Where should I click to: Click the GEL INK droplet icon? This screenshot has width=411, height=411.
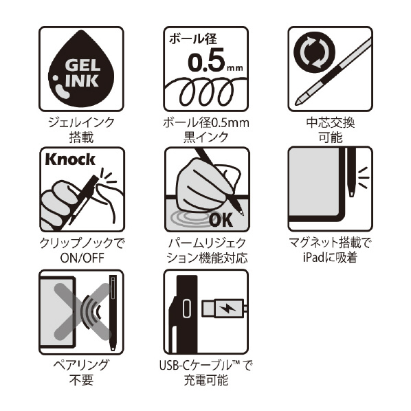point(81,69)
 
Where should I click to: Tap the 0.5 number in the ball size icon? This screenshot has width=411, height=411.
point(207,60)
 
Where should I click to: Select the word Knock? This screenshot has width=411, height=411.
point(70,159)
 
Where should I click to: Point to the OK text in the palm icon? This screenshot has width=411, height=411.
point(221,219)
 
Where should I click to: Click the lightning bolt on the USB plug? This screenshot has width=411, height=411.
point(227,308)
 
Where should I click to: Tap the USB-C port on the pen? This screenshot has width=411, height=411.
point(187,308)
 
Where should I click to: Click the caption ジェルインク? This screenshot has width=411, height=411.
point(82,122)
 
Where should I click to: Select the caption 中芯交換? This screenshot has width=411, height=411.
point(331,122)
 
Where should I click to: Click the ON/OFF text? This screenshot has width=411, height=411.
point(82,258)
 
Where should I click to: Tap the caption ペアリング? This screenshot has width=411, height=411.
point(81,365)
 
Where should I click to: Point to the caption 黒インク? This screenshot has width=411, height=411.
point(205,137)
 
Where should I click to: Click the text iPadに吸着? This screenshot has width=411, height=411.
point(330,258)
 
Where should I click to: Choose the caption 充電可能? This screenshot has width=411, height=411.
point(205,380)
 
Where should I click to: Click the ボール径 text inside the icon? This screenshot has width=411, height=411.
point(193,38)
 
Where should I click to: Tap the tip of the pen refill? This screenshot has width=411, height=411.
point(296,104)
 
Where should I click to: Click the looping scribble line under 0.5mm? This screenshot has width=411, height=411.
point(205,91)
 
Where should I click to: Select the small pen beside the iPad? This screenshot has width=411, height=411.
point(351,173)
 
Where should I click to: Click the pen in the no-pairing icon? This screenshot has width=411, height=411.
point(113,313)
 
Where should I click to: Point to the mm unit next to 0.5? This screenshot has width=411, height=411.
point(235,68)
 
